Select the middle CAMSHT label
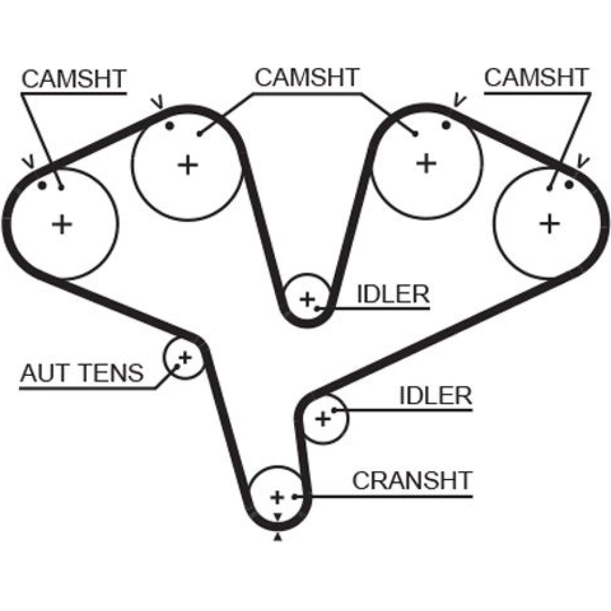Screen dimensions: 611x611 click(x=307, y=78)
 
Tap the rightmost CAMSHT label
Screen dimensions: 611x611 click(x=536, y=78)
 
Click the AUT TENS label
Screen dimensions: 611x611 click(x=82, y=373)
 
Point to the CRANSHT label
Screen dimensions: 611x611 click(x=412, y=481)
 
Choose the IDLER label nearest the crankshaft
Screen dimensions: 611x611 click(x=436, y=396)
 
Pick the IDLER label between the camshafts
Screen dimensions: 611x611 click(x=393, y=295)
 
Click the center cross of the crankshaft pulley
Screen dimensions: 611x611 click(x=277, y=496)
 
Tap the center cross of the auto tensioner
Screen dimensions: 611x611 click(x=184, y=356)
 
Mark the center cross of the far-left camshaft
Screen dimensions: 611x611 click(x=62, y=224)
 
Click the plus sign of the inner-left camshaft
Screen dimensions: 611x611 click(x=188, y=164)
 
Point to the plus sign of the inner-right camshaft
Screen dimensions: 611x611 click(x=426, y=163)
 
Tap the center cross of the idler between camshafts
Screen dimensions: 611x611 click(x=307, y=299)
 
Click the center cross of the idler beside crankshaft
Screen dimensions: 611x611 click(x=323, y=419)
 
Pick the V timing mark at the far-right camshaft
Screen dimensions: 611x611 click(x=582, y=161)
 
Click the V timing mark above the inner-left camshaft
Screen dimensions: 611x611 click(x=159, y=100)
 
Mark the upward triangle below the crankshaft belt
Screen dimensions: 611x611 click(x=279, y=538)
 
